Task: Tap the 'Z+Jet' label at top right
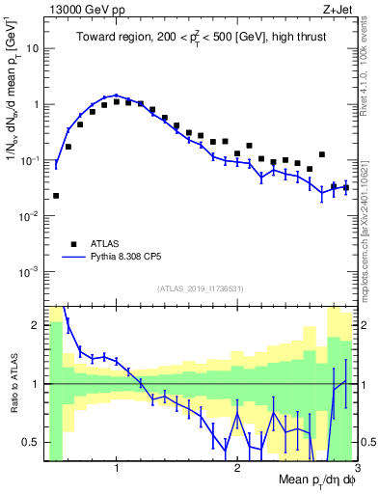click(x=338, y=9)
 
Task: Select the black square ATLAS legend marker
click(x=73, y=243)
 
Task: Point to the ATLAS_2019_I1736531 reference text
click(x=201, y=288)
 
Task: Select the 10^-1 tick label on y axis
click(x=31, y=160)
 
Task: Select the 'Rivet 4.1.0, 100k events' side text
click(x=370, y=77)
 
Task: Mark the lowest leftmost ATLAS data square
click(x=56, y=196)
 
